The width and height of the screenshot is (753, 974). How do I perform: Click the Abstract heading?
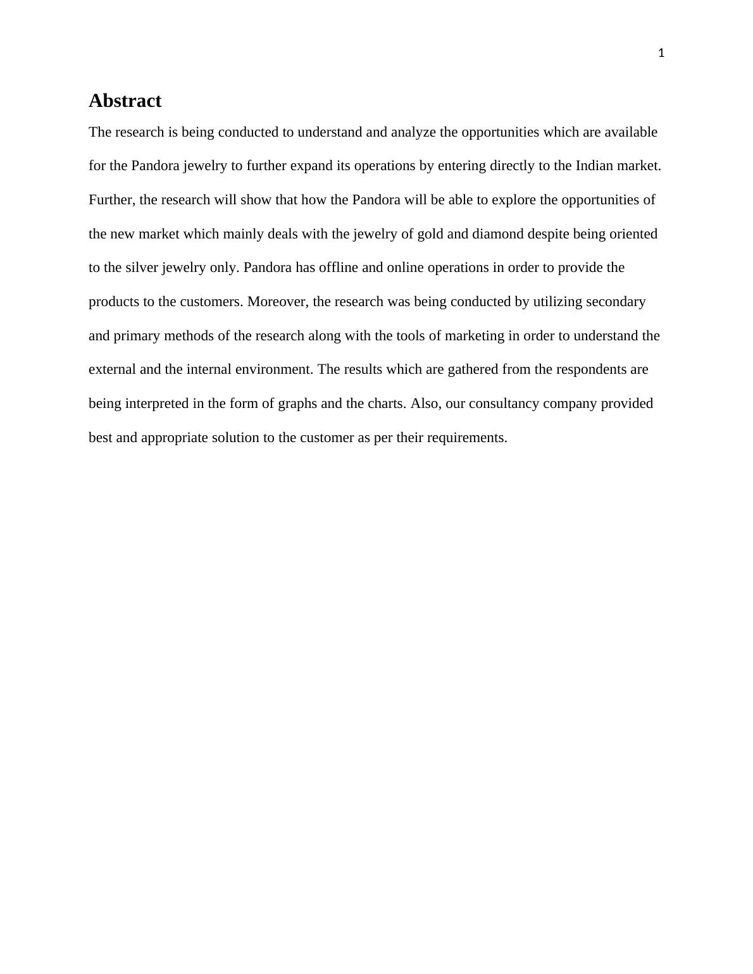coord(125,101)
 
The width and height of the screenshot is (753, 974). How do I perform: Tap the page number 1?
coord(661,54)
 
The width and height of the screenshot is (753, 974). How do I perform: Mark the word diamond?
coord(498,234)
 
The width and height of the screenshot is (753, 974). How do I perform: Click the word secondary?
coord(616,302)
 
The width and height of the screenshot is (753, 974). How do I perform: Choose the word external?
coord(112,369)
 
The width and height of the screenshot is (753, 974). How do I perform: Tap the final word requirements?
coord(467,438)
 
